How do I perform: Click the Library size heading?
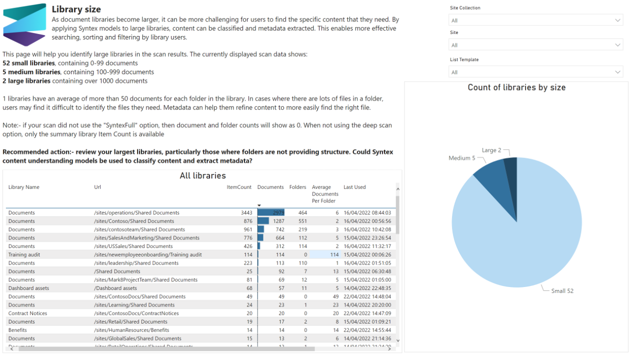click(76, 9)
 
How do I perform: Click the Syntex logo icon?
click(24, 24)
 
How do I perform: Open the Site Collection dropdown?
click(535, 20)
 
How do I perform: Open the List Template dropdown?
click(535, 72)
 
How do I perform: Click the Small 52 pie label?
click(562, 291)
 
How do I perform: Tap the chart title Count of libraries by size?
click(516, 87)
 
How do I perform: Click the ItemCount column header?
click(239, 187)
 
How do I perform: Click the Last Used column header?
click(354, 187)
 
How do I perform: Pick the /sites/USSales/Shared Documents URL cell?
click(133, 246)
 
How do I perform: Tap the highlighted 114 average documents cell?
click(325, 254)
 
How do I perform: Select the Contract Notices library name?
click(27, 313)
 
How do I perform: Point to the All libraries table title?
click(202, 175)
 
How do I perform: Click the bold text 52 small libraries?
click(28, 63)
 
